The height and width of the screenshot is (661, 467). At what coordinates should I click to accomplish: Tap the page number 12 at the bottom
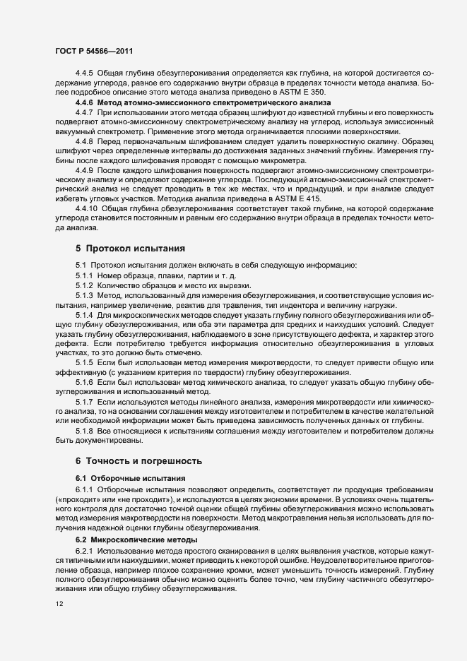click(x=59, y=605)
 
